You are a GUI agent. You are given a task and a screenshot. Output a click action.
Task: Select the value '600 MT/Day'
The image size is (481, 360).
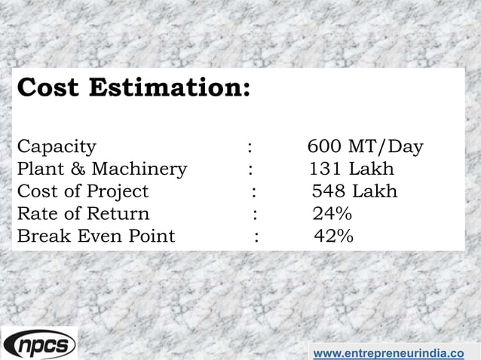tap(366, 145)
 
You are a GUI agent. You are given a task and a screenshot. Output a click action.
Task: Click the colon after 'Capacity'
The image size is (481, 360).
tap(250, 146)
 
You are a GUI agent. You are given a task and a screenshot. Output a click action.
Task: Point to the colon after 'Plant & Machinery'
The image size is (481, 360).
tap(250, 168)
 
